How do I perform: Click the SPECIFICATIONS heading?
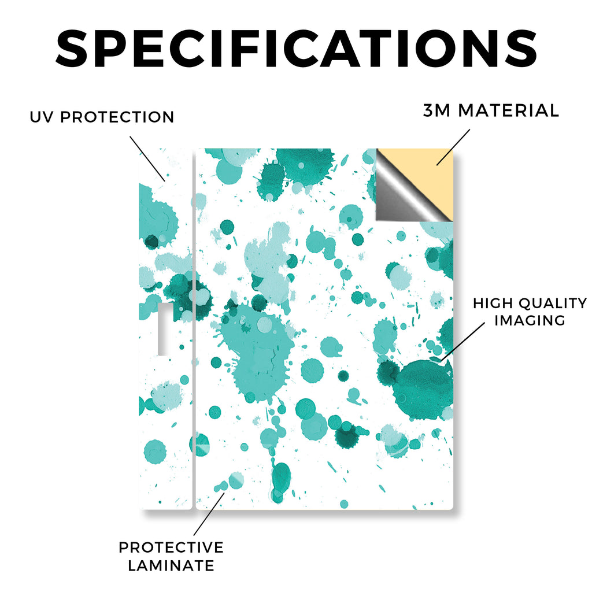[x=297, y=49]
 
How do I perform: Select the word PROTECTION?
[x=117, y=117]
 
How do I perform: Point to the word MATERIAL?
[x=509, y=110]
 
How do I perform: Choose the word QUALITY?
[x=553, y=304]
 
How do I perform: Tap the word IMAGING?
[x=530, y=320]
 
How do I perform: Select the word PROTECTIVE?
[x=171, y=547]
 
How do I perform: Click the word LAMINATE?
[x=171, y=565]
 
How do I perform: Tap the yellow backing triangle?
[x=427, y=170]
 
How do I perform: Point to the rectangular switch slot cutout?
[x=163, y=329]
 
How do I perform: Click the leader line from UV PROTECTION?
[x=147, y=159]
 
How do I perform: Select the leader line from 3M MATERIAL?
[x=453, y=147]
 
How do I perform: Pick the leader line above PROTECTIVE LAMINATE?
[x=209, y=514]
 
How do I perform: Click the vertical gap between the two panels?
[x=194, y=329]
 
